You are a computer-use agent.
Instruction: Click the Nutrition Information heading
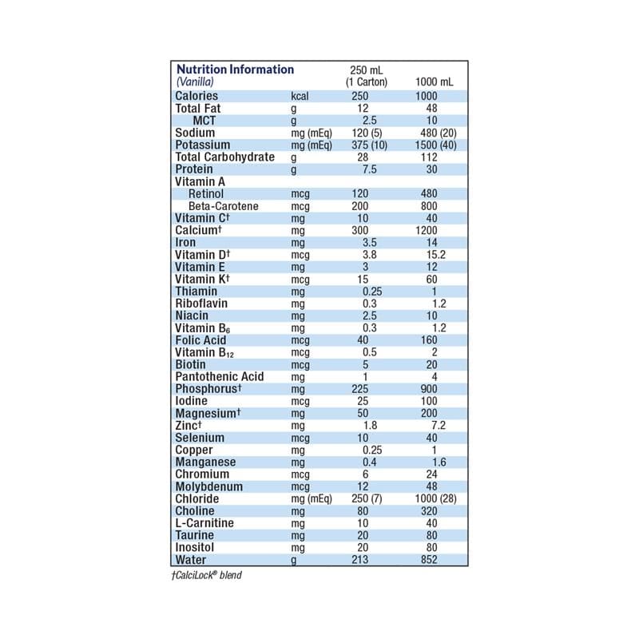tap(235, 69)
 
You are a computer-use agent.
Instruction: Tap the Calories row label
tap(196, 96)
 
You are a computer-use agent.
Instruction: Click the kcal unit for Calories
tap(300, 96)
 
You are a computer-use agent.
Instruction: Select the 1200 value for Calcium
tap(432, 230)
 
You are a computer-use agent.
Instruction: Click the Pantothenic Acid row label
tap(219, 376)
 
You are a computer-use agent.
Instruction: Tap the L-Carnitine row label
tap(204, 523)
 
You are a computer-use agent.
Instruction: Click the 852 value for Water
tap(432, 560)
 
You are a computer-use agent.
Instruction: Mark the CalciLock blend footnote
tap(206, 575)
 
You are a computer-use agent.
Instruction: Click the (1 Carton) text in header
tap(366, 82)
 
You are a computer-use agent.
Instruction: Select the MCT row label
tap(204, 121)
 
